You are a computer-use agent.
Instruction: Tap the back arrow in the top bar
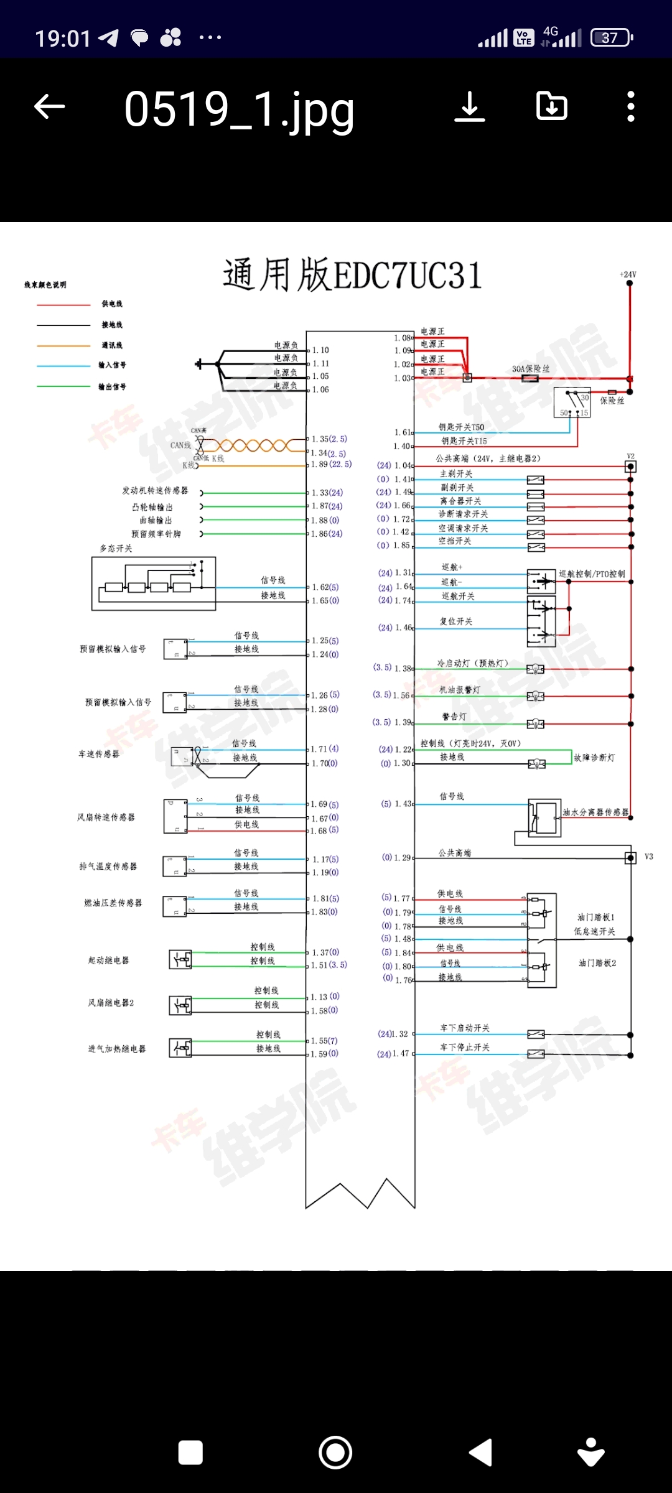[x=50, y=106]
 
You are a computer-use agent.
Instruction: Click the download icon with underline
[x=470, y=106]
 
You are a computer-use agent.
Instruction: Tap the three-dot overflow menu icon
[x=631, y=106]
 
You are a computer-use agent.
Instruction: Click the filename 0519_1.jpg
[x=239, y=109]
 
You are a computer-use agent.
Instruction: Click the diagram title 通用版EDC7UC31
[x=352, y=275]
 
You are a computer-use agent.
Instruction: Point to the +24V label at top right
[x=628, y=274]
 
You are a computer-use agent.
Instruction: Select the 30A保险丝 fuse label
[x=531, y=369]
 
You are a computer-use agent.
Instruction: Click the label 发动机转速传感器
[x=155, y=491]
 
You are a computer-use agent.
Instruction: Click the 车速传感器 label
[x=99, y=754]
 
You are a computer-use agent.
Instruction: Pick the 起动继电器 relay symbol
[x=180, y=960]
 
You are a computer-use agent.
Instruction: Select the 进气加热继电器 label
[x=117, y=1049]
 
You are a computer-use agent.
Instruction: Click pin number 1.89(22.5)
[x=331, y=464]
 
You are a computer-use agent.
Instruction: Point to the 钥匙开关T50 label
[x=461, y=427]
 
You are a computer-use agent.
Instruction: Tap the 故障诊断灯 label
[x=594, y=758]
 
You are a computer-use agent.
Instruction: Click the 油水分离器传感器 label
[x=595, y=812]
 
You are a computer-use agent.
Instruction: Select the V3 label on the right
[x=649, y=857]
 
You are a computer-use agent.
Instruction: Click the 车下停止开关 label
[x=465, y=1048]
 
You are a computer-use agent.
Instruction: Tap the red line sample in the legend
[x=63, y=305]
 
